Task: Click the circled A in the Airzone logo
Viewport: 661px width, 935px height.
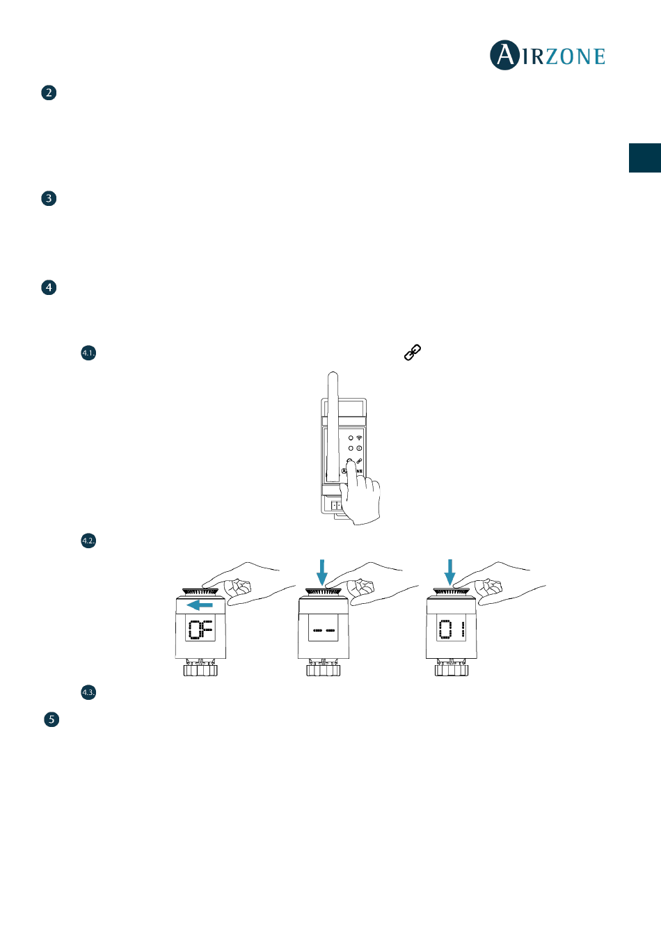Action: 505,55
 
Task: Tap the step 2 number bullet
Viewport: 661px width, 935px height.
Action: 49,93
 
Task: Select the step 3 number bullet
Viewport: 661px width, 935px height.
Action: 49,198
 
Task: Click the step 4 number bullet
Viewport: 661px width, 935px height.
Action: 49,287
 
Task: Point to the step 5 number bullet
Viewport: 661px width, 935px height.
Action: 51,719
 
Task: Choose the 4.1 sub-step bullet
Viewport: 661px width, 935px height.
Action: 88,353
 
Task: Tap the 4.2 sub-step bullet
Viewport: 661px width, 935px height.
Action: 88,541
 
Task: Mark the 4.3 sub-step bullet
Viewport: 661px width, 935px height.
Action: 88,692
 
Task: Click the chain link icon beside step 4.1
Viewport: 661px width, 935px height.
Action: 413,353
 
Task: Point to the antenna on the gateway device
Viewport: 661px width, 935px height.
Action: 333,426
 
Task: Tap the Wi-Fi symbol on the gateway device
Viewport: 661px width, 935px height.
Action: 359,438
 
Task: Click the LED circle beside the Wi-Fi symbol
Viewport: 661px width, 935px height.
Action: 351,438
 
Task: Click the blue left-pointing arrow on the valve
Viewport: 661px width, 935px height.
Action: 200,605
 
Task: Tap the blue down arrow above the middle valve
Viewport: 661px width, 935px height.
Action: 322,573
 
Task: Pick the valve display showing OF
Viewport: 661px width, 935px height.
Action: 200,630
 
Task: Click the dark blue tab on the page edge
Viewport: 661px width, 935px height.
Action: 645,158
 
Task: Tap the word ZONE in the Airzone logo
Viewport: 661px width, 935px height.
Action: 575,56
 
